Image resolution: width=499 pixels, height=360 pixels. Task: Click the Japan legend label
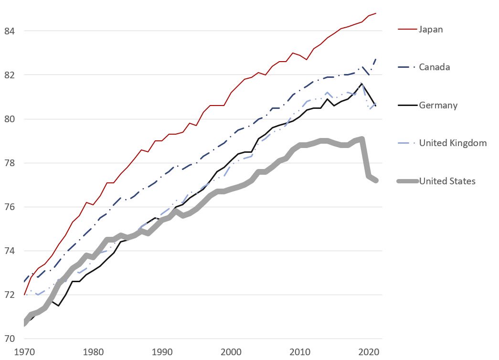[431, 30]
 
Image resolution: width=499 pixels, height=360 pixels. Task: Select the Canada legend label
[434, 67]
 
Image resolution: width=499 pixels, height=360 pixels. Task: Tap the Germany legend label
[438, 105]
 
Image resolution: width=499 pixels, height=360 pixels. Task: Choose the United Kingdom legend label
[453, 143]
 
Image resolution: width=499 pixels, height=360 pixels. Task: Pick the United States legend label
[447, 181]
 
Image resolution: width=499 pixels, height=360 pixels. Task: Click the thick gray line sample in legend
[407, 181]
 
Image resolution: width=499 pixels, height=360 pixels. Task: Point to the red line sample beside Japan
[407, 30]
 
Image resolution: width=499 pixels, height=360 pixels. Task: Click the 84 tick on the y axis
[10, 31]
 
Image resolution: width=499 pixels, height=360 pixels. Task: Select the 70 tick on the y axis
[10, 339]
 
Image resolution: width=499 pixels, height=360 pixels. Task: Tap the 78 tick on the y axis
[10, 163]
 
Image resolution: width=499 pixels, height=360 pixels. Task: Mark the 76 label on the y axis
[10, 207]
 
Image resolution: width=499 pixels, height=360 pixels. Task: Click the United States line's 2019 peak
[362, 139]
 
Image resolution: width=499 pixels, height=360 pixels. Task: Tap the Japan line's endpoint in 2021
[376, 13]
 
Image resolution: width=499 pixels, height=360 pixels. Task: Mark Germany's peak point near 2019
[362, 84]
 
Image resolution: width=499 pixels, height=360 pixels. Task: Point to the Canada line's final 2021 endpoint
[376, 59]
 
